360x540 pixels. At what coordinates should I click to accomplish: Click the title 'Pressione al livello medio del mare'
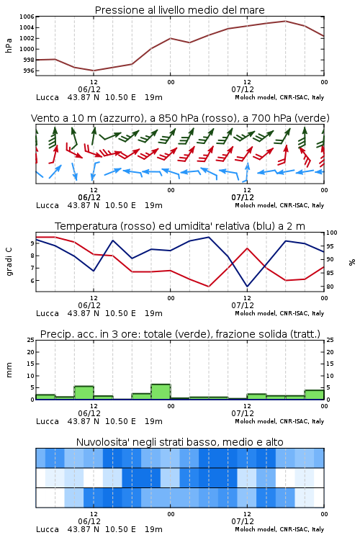coord(180,10)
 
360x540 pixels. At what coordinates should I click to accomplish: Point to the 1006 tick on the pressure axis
coord(27,17)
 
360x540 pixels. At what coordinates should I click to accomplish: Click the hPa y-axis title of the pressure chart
coord(9,45)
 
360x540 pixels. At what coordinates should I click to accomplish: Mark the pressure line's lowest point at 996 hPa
coord(94,71)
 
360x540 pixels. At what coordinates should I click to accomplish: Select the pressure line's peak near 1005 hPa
coord(286,21)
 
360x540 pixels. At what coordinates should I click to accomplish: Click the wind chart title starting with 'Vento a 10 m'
coord(180,118)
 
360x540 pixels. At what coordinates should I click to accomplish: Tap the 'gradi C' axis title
coord(9,261)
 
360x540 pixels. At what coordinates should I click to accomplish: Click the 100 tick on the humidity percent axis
coord(331,233)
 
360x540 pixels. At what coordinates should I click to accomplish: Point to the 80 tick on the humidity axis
coord(330,287)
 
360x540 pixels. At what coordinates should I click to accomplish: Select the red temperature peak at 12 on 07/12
coord(247,248)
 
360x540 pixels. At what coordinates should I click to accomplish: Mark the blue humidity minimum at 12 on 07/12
coord(247,287)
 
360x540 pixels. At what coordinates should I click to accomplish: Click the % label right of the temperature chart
coord(352,262)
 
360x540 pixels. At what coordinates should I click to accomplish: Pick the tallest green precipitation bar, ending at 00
coord(161,392)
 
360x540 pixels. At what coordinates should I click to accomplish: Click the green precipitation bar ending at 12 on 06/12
coord(84,392)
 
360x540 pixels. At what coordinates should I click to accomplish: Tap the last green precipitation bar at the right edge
coord(314,395)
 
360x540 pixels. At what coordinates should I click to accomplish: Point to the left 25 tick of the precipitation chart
coord(31,340)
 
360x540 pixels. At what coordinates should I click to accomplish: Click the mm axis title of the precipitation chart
coord(9,369)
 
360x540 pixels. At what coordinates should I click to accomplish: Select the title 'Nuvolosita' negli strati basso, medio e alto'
coord(180,442)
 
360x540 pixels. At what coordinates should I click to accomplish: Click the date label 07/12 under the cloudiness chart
coord(243,521)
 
